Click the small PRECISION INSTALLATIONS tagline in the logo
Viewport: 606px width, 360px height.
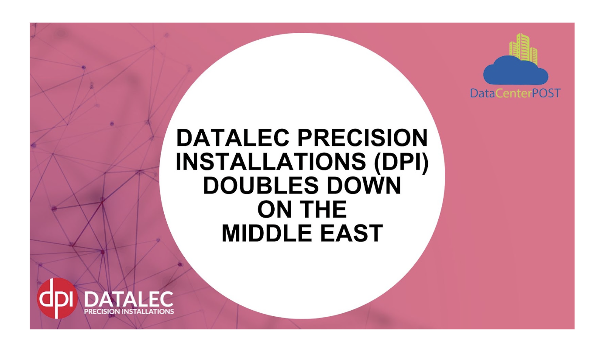128,312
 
